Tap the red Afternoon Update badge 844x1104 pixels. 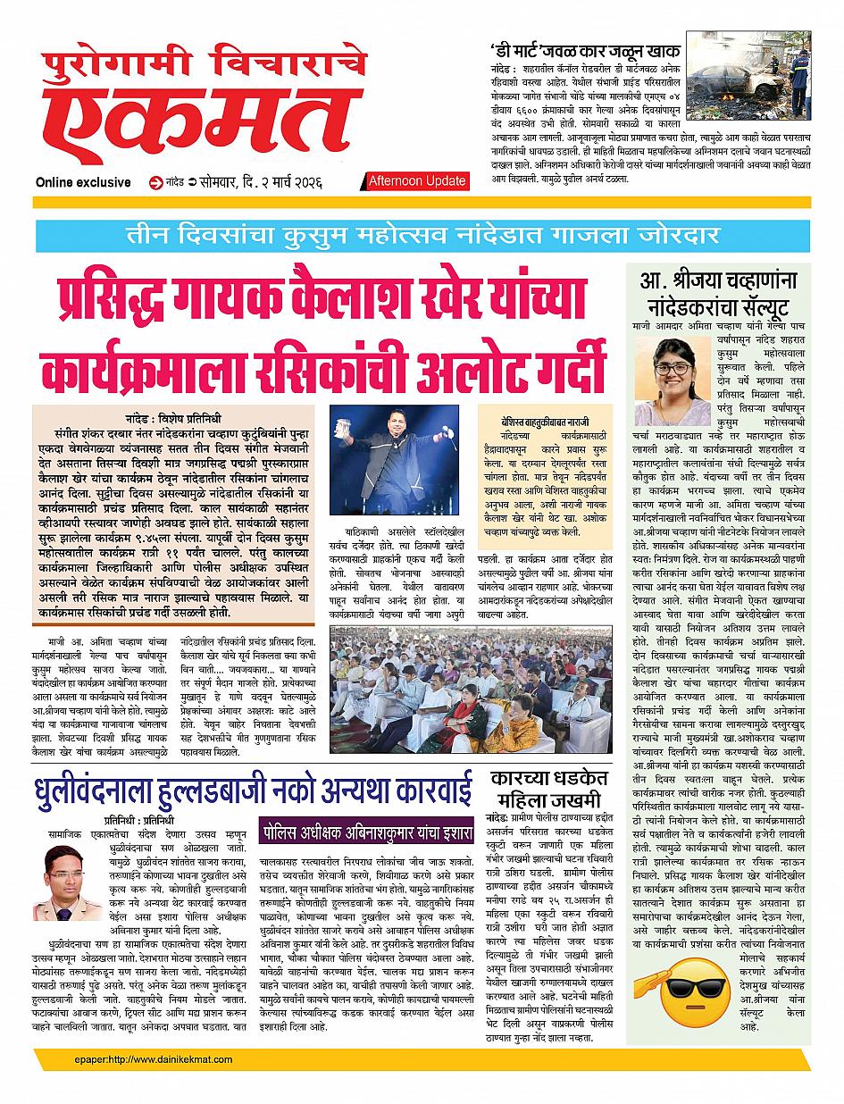click(x=418, y=181)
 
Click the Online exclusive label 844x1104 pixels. click(x=84, y=182)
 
